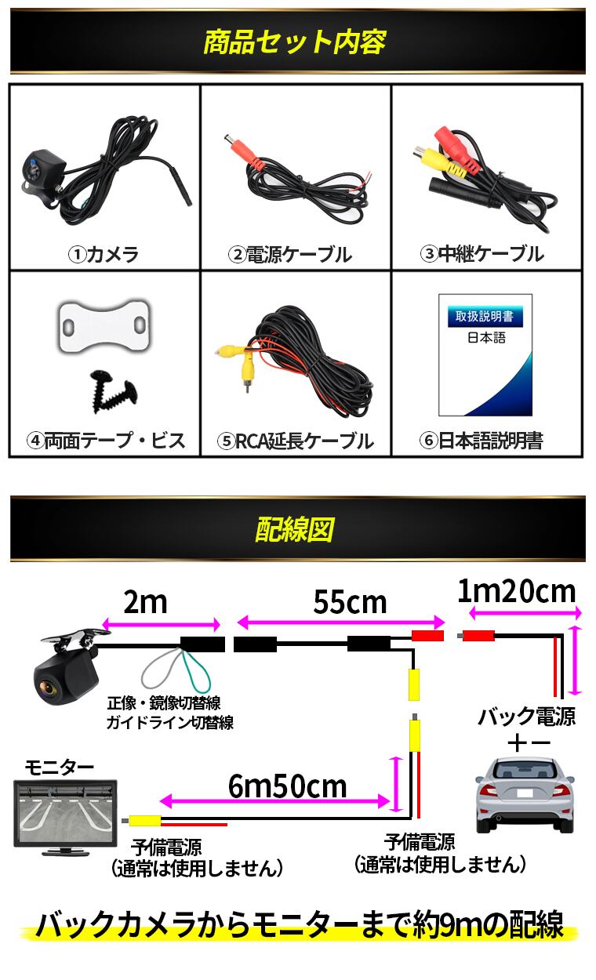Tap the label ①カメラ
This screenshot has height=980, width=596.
pos(104,254)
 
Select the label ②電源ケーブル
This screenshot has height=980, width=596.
pos(290,254)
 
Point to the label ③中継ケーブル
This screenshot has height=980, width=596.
pos(482,254)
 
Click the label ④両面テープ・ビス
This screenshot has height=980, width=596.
pos(106,441)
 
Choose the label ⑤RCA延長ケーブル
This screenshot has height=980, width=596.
pos(296,441)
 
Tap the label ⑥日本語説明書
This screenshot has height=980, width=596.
pos(482,441)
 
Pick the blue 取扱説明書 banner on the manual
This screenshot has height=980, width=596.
pos(485,317)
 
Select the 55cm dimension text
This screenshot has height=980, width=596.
pos(350,602)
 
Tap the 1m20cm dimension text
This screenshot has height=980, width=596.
pos(516,591)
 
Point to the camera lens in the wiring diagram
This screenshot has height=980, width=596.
pos(49,689)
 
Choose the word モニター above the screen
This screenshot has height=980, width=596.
pos(60,766)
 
